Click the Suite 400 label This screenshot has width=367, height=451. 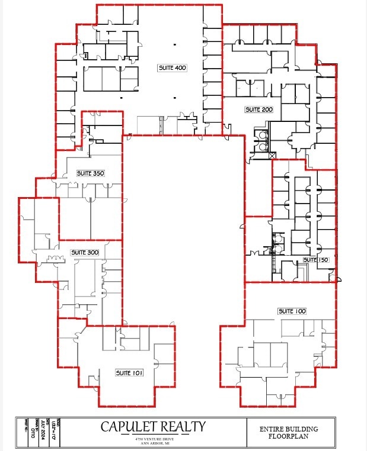173,68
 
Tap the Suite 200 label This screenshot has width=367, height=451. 259,110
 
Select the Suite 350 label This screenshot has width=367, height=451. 90,173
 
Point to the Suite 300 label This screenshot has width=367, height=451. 85,253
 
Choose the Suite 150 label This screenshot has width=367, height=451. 315,260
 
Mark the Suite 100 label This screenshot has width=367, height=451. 292,311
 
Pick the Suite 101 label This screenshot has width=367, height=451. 129,373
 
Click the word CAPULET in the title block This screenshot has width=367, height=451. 129,426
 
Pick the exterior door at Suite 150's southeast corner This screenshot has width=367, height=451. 334,276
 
